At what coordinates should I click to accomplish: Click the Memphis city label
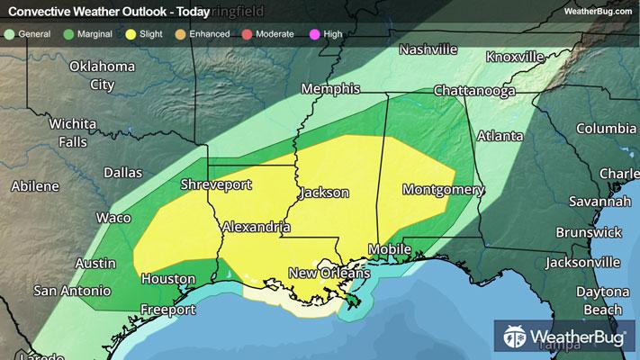tap(330, 89)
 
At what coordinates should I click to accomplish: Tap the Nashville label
tap(430, 49)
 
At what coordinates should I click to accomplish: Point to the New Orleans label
tap(329, 273)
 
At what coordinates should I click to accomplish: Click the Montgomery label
tap(443, 190)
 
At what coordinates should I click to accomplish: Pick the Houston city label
tap(162, 280)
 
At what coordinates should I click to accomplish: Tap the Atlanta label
tap(500, 137)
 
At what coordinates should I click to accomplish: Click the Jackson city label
tap(323, 193)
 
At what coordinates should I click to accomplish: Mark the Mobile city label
tap(390, 247)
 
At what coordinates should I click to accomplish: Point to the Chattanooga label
tap(473, 92)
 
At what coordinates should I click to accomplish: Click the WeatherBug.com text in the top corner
tap(598, 11)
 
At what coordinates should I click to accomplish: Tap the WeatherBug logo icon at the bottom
tap(514, 338)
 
